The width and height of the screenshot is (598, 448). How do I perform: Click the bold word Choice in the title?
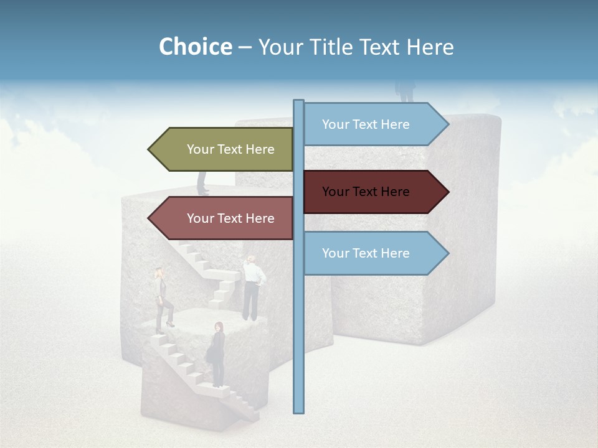195,47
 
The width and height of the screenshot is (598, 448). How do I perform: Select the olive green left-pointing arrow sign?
224,149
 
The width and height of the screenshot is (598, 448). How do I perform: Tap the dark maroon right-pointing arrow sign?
374,192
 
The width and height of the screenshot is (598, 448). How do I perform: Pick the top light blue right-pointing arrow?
374,124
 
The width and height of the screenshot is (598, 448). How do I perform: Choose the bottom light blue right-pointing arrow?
374,253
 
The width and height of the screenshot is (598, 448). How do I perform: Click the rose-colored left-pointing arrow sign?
224,218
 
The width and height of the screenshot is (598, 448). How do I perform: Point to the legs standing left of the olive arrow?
203,183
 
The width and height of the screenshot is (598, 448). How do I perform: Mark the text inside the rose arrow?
230,218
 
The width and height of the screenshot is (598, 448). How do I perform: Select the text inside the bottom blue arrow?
366,253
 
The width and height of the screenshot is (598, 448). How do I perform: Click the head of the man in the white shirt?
252,259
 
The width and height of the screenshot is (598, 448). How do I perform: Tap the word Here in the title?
430,47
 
